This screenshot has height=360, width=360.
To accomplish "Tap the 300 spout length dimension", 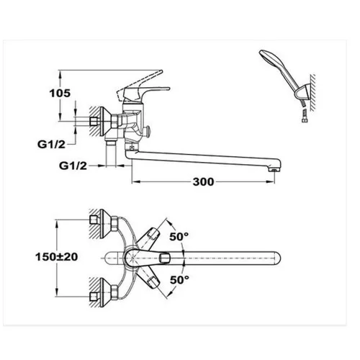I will click(204, 182).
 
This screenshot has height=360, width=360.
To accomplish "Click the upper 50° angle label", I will click(179, 235).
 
